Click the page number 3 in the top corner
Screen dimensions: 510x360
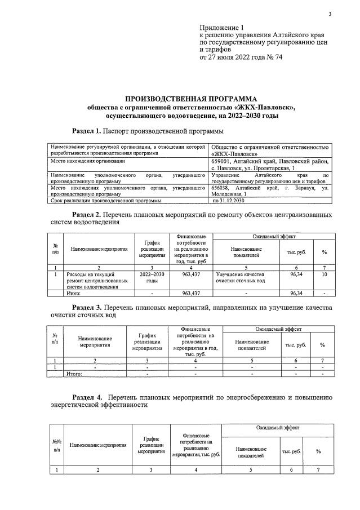pos(330,14)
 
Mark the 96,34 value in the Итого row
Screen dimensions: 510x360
pos(296,294)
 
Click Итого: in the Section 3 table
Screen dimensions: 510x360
pos(74,373)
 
